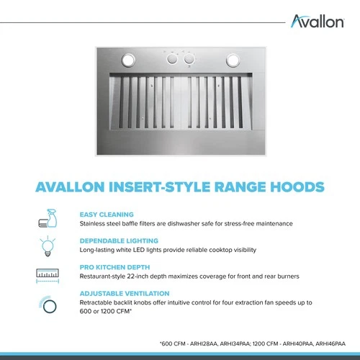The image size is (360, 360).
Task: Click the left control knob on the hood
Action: [x=174, y=60]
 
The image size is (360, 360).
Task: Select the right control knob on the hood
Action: [x=189, y=60]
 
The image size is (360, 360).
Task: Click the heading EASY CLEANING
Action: [x=107, y=215]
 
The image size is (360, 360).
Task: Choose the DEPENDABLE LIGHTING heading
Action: [x=119, y=240]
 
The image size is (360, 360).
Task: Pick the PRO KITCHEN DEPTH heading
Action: [x=114, y=267]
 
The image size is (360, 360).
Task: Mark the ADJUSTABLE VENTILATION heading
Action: [x=125, y=294]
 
